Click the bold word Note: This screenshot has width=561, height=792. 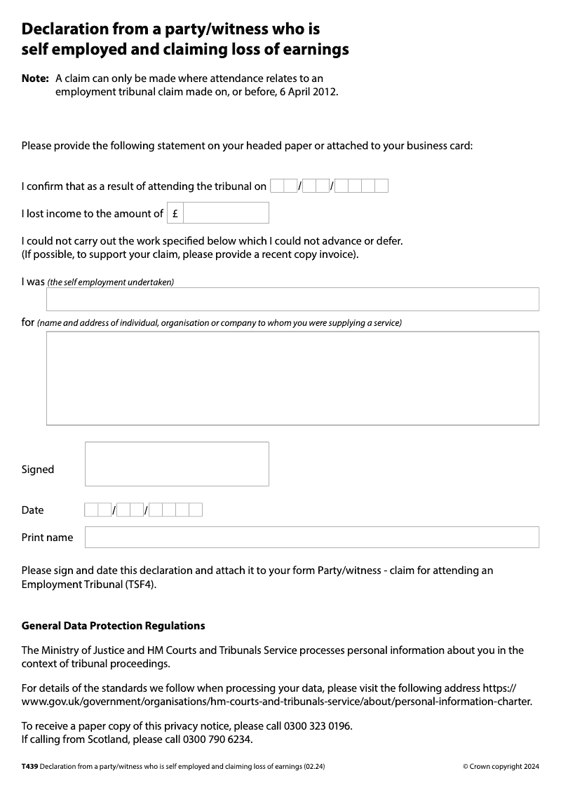point(35,78)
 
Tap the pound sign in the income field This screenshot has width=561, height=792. point(175,214)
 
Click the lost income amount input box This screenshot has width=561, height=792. point(226,213)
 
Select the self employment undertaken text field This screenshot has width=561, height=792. point(292,299)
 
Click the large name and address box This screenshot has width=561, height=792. point(292,378)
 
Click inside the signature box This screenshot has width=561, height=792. point(177,464)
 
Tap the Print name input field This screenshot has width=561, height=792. point(312,538)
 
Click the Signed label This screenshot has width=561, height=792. point(38,470)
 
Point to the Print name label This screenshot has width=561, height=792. point(47,538)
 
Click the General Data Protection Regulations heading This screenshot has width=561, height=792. point(114,625)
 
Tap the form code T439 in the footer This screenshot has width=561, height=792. point(29,767)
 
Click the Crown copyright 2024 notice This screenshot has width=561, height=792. point(501,767)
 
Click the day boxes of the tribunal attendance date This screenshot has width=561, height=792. point(283,186)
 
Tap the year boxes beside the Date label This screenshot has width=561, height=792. point(176,510)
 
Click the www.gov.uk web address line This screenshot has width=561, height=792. point(277,702)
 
